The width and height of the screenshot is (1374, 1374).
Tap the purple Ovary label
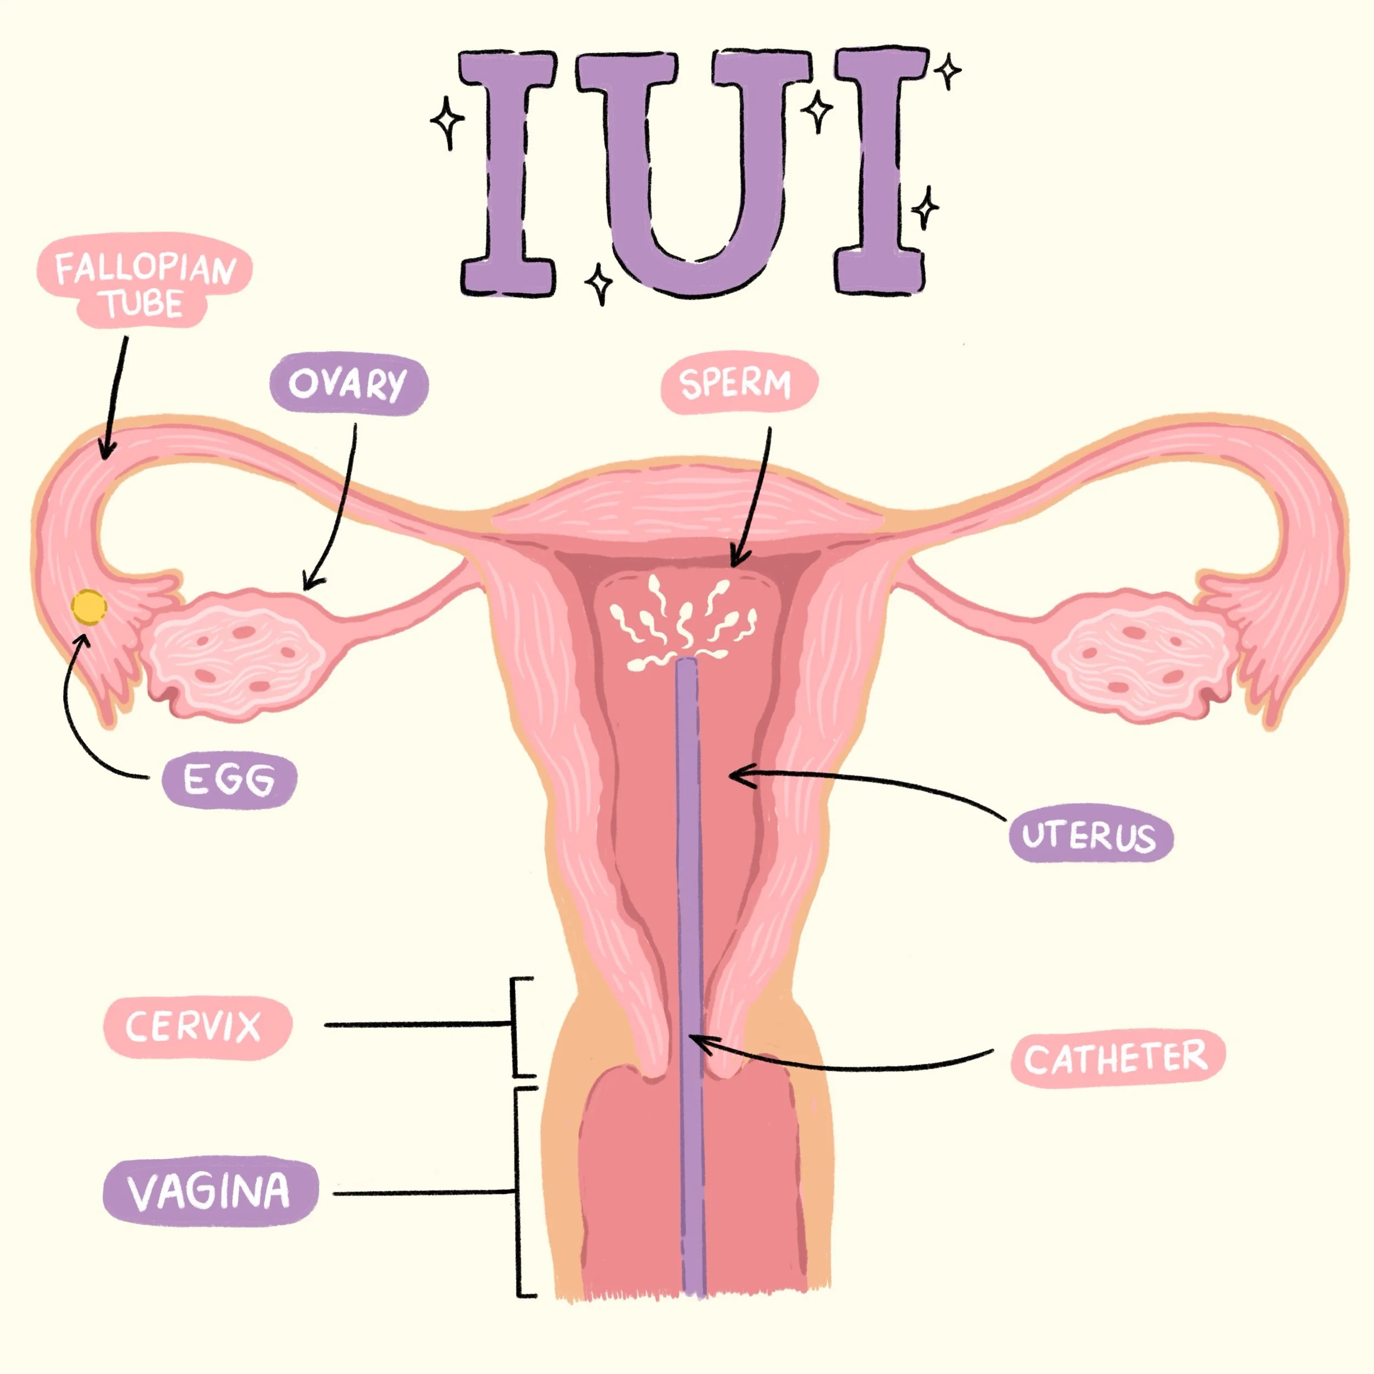(348, 384)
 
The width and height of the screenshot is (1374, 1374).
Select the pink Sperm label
(738, 384)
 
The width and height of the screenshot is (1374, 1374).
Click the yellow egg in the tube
(89, 608)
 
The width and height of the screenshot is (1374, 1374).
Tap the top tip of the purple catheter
(686, 663)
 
